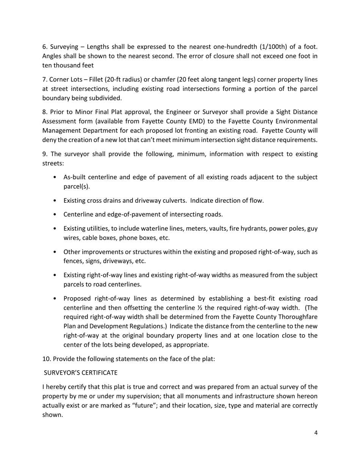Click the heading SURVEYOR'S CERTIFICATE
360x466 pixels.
pos(81,373)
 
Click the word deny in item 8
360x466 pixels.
pos(49,140)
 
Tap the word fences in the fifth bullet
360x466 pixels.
pos(72,261)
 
